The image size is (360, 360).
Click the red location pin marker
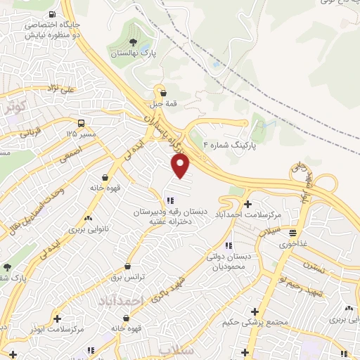point(181,165)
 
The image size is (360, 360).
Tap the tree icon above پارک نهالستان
point(133,42)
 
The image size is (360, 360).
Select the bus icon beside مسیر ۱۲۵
point(83,122)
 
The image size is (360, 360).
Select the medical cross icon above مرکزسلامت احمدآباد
point(247,184)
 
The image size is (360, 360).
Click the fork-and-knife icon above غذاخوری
point(292,233)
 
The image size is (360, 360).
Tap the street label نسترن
point(314,266)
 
